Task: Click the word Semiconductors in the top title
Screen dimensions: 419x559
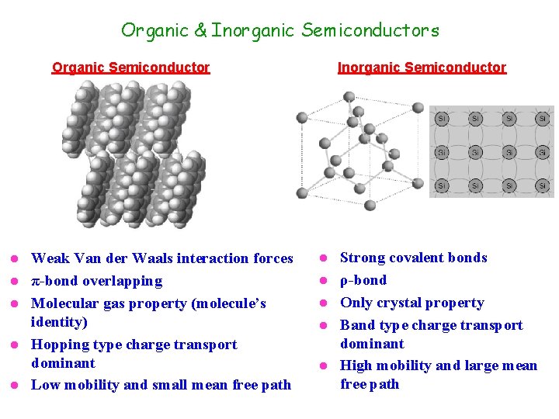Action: [x=370, y=31]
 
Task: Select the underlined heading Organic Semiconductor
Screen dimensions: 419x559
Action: [x=130, y=68]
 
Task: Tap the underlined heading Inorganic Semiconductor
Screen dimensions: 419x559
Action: [x=422, y=68]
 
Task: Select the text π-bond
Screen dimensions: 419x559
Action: [x=54, y=281]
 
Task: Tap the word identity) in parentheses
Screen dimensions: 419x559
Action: [x=59, y=322]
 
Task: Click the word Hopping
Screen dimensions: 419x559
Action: [x=60, y=345]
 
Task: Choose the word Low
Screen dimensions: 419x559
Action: [x=44, y=385]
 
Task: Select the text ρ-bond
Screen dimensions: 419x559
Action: [x=363, y=280]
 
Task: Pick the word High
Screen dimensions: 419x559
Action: [x=357, y=365]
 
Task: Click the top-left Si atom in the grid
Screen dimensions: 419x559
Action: [x=441, y=119]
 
